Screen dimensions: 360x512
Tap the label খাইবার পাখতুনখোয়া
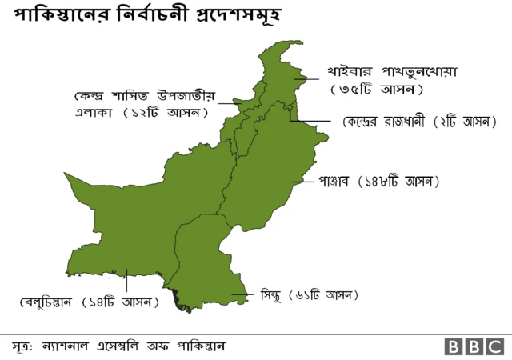pyautogui.click(x=392, y=71)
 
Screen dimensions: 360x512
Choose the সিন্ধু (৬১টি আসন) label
pyautogui.click(x=309, y=295)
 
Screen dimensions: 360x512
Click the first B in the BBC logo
pyautogui.click(x=454, y=347)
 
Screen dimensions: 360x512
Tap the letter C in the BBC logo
pyautogui.click(x=494, y=347)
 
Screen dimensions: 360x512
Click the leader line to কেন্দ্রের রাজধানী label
pyautogui.click(x=312, y=122)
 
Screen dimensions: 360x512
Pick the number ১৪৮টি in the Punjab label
pyautogui.click(x=385, y=182)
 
